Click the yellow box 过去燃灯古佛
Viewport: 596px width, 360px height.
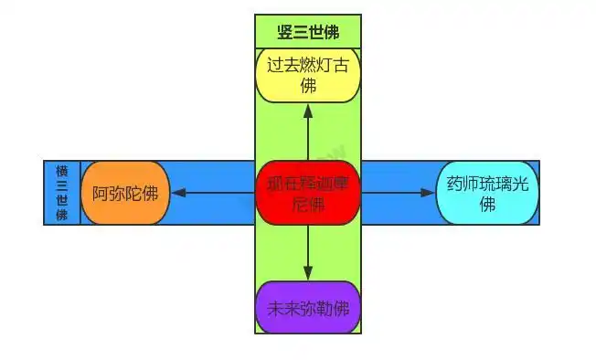[x=307, y=75]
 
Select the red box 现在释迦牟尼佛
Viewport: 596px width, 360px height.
[x=307, y=193]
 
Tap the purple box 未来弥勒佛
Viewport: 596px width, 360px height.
[x=307, y=307]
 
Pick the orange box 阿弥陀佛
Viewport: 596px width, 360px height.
[x=125, y=193]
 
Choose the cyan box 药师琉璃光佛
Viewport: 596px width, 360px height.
[x=487, y=193]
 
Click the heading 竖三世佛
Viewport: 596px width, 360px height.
[x=307, y=32]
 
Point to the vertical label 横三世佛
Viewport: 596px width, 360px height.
[x=62, y=193]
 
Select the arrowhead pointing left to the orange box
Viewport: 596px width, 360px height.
[x=178, y=193]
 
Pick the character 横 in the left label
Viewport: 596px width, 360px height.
[x=62, y=172]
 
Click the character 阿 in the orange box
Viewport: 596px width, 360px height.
[x=101, y=193]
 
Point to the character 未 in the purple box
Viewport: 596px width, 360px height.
[x=275, y=307]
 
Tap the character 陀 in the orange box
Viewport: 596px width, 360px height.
[x=133, y=193]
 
